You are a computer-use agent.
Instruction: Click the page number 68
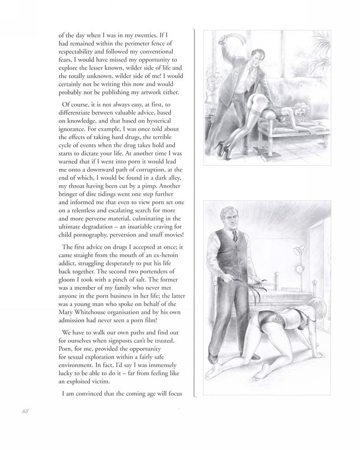coord(25,412)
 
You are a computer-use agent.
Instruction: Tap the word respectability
coord(81,52)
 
